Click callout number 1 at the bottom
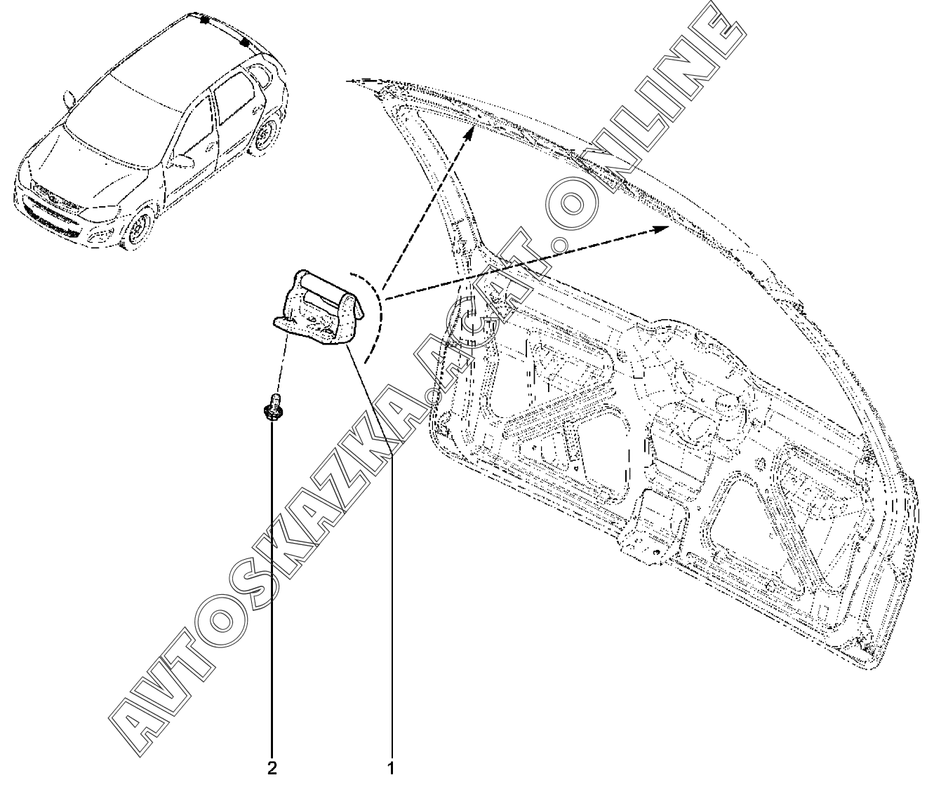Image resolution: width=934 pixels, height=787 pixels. click(x=391, y=769)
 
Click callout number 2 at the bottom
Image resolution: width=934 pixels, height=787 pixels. click(x=272, y=769)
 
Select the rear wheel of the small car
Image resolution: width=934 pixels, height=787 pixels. click(x=265, y=136)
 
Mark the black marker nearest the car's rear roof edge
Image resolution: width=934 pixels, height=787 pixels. click(x=245, y=42)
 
